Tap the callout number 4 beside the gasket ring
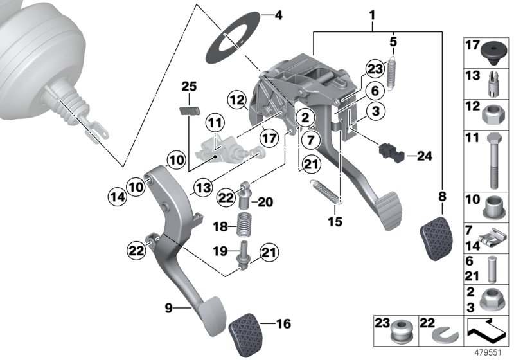277,14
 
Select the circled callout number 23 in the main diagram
375,69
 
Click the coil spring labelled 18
244,226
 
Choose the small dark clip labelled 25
188,110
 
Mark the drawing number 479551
490,352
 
